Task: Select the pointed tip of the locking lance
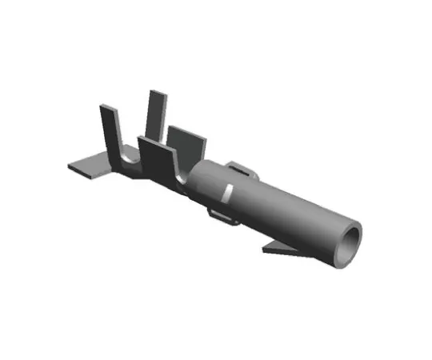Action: coord(265,251)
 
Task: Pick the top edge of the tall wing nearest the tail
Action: coord(108,106)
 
